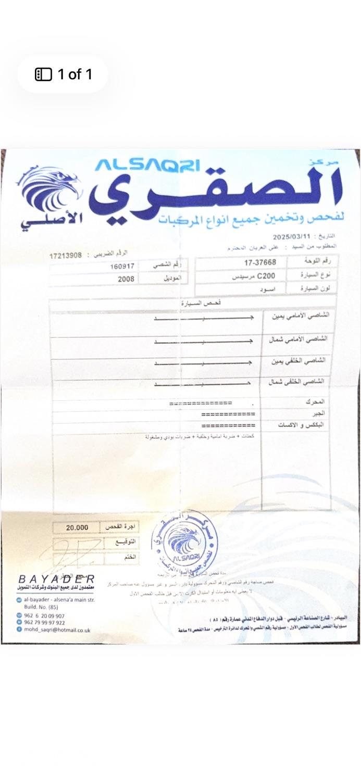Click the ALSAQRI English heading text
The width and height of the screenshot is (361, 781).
tap(147, 165)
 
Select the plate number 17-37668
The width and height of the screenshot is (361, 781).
tap(264, 262)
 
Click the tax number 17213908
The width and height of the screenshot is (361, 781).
tap(65, 256)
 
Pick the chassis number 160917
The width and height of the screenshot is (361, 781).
tap(122, 267)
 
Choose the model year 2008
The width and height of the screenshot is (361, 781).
tap(126, 279)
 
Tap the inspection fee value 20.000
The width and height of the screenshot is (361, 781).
tap(77, 527)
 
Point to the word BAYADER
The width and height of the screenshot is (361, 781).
tap(57, 579)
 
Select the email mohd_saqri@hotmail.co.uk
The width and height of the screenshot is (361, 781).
tap(57, 629)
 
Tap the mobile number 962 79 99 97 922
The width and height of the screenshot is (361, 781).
tap(45, 622)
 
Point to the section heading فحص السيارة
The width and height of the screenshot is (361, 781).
tap(193, 303)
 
